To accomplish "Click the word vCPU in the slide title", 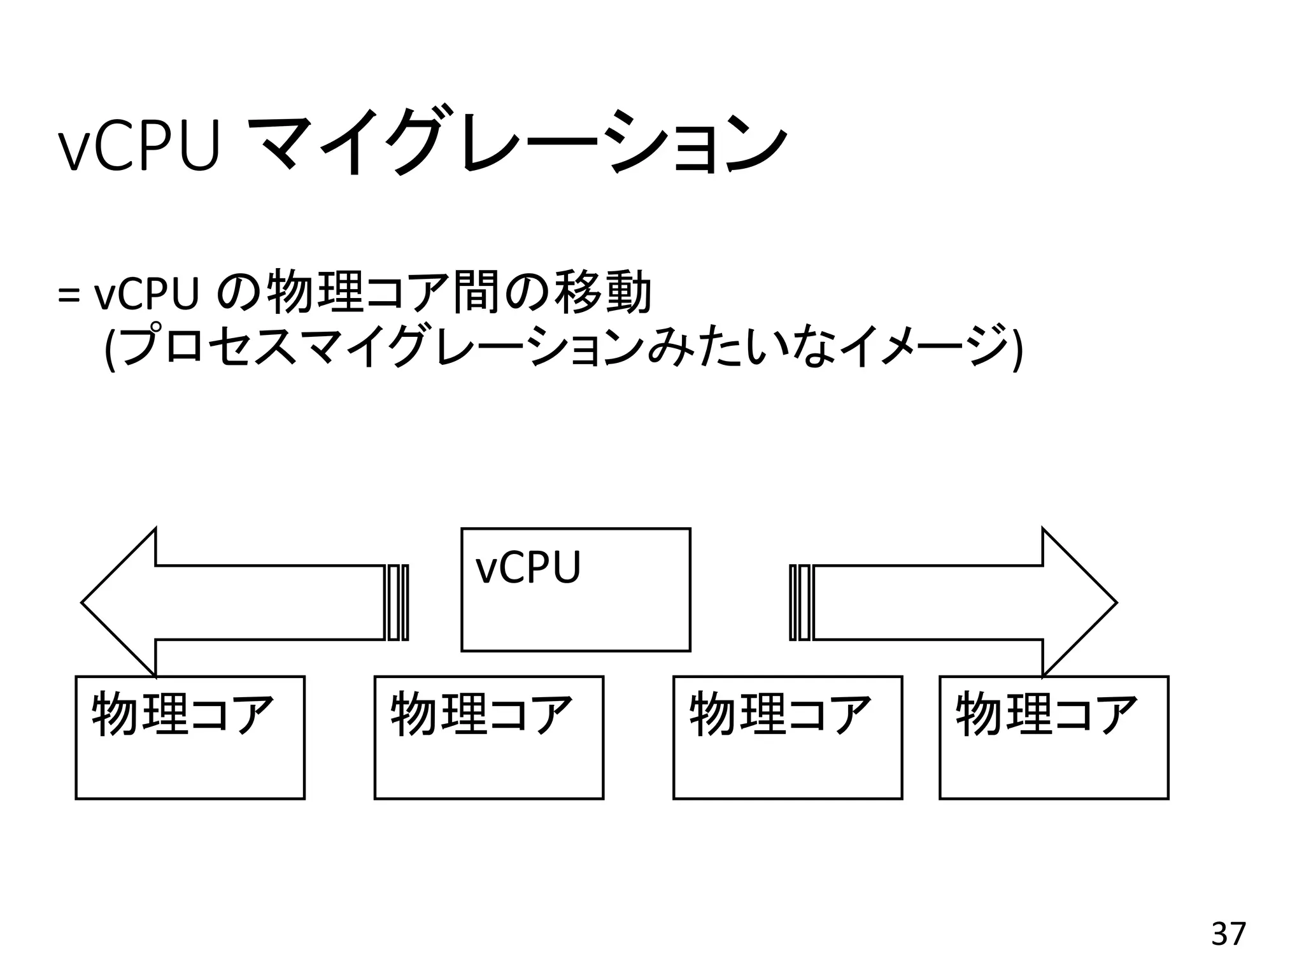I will [139, 147].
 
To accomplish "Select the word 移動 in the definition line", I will [603, 293].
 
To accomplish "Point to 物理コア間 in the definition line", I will [382, 293].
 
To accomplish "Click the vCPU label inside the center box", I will [528, 567].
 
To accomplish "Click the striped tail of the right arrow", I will [800, 602].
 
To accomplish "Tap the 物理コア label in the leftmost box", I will [182, 714].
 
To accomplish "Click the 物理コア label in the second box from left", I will [481, 714].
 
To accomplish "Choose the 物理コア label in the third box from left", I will [779, 714].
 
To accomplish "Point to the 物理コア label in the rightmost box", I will [1046, 714].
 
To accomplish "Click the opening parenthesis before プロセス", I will [109, 348].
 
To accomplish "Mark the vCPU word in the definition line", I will [146, 295].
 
